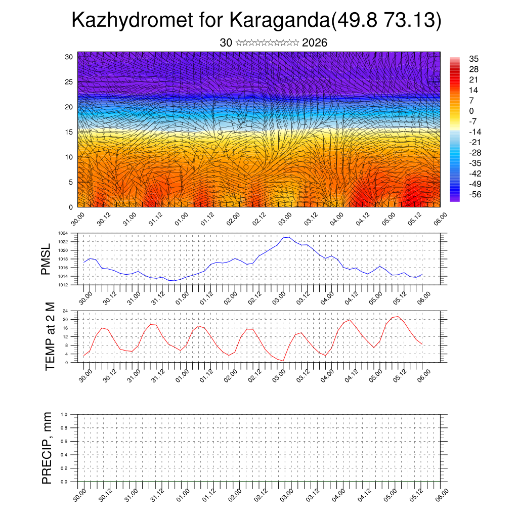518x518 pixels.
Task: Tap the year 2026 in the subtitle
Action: (315, 43)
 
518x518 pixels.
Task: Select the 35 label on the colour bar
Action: (474, 59)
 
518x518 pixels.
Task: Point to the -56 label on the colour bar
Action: (474, 194)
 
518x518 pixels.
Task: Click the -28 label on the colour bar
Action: (474, 153)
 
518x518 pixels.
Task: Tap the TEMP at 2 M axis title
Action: (50, 336)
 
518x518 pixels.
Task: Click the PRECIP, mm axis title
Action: (47, 448)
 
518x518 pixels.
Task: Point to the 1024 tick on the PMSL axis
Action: (63, 233)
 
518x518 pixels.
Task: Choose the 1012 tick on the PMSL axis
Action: (63, 285)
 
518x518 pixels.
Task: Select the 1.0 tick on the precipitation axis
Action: (64, 414)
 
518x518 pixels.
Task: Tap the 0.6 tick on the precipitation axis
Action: (64, 442)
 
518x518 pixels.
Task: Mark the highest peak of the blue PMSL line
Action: (289, 237)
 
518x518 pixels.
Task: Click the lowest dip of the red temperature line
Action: (283, 361)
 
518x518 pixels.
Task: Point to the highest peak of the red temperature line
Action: (398, 317)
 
